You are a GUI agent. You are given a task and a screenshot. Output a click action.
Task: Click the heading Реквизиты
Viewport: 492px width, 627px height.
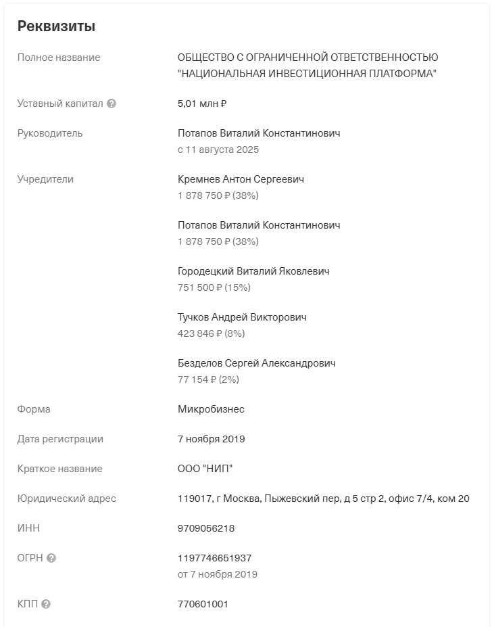point(56,26)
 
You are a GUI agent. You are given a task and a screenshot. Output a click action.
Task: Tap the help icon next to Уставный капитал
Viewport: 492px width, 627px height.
point(112,103)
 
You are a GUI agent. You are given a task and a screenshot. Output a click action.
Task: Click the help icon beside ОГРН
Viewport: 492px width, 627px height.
point(51,558)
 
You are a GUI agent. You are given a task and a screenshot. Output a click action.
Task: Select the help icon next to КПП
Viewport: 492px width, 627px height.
point(46,604)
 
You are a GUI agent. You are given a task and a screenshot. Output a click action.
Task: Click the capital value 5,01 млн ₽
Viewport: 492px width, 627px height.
point(201,103)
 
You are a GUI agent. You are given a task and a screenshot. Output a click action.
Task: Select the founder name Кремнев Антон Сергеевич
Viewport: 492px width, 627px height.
point(241,179)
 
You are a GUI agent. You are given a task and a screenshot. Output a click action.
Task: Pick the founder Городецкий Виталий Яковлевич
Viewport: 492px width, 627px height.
point(253,271)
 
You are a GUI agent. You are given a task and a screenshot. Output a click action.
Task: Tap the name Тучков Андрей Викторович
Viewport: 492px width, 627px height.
point(242,317)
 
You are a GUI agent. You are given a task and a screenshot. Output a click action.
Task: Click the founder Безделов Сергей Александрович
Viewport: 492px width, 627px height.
point(256,363)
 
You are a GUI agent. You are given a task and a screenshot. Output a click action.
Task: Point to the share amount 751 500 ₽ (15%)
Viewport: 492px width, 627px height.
point(214,287)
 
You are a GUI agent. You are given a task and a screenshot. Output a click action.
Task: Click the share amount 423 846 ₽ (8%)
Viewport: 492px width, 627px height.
point(211,333)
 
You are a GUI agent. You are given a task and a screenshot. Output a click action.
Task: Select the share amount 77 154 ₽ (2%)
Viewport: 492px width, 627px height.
point(208,379)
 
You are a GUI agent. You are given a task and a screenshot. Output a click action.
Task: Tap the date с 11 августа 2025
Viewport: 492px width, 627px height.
point(218,149)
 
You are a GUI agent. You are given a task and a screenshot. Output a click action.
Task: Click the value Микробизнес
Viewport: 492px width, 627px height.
point(211,409)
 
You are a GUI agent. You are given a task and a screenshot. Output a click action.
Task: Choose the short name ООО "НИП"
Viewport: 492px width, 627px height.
point(205,469)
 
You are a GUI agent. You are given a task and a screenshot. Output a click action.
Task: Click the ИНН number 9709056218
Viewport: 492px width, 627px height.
point(206,528)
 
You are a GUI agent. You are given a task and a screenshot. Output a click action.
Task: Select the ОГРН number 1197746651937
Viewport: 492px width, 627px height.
point(214,558)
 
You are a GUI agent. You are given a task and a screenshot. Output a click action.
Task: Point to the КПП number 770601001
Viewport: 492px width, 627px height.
point(203,604)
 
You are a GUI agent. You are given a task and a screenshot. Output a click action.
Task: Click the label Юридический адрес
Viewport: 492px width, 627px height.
point(66,498)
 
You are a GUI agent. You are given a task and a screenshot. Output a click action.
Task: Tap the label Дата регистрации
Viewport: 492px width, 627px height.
point(60,439)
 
